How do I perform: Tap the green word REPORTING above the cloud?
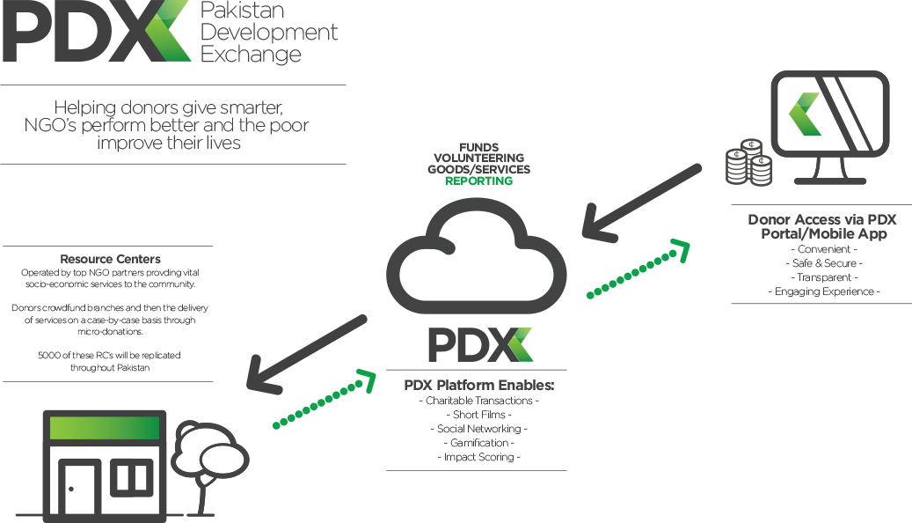(x=478, y=181)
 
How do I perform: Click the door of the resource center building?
(x=80, y=490)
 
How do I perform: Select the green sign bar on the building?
(x=105, y=428)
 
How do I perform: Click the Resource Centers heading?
(x=110, y=259)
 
